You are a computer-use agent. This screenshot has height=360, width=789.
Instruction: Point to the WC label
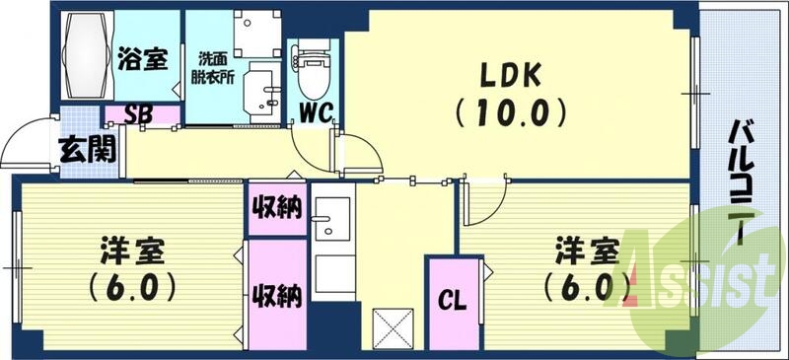coord(315,111)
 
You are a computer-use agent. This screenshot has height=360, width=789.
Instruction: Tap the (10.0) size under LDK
coord(510,110)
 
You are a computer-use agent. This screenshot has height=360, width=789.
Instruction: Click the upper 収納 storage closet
coord(277,209)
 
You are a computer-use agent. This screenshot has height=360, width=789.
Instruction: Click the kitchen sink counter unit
coord(332,247)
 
